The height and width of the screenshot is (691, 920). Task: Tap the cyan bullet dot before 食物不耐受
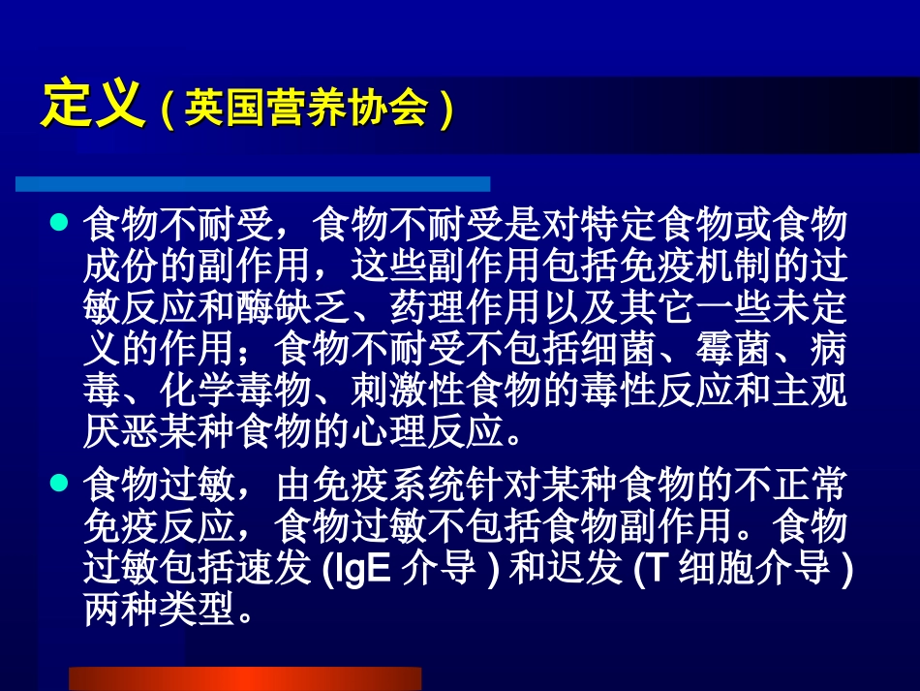58,224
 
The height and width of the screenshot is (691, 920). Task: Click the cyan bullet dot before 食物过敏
58,480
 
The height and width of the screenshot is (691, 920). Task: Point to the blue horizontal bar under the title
253,183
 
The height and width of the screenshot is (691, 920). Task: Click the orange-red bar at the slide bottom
245,677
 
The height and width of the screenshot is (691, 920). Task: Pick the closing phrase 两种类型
160,612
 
